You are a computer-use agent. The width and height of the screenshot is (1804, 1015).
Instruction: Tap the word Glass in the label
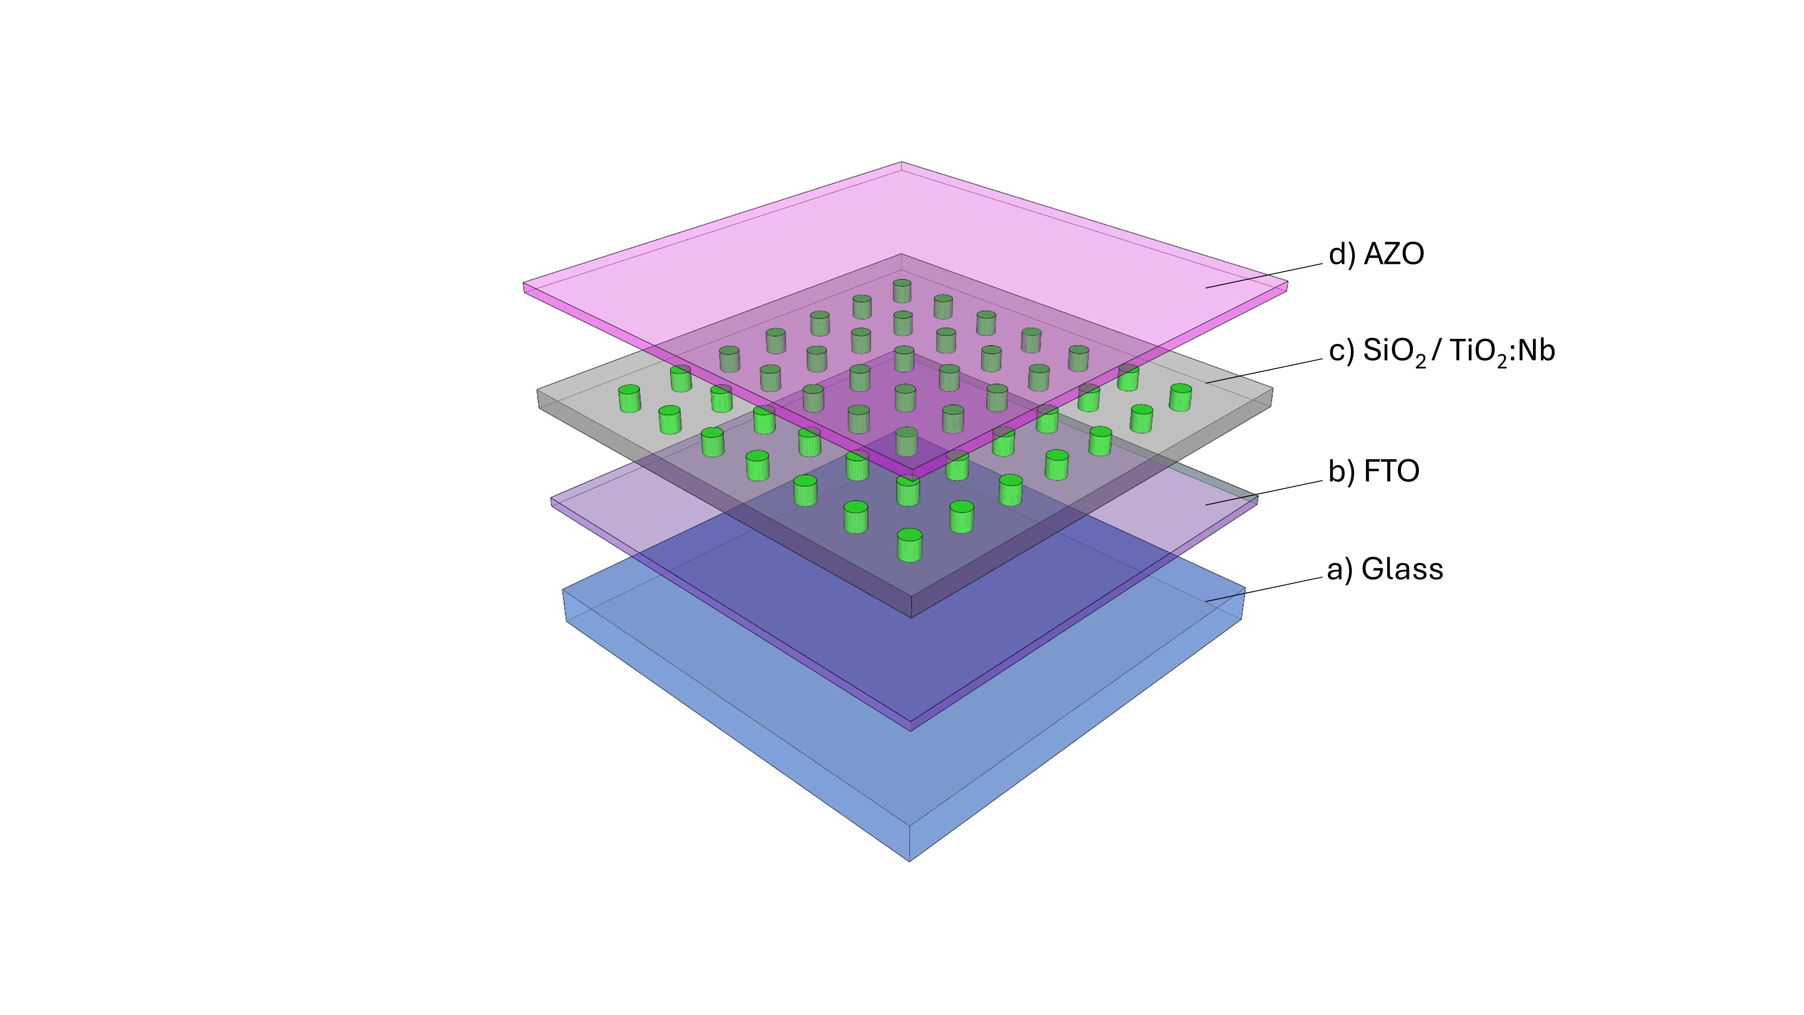pos(1402,569)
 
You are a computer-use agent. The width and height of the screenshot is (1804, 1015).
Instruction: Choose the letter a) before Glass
pos(1339,569)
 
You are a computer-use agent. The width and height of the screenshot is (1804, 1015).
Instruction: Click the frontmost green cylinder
pos(909,545)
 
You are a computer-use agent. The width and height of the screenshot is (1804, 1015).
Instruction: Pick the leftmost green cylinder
pos(629,398)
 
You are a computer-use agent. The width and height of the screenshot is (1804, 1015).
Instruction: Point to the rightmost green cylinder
pos(1180,397)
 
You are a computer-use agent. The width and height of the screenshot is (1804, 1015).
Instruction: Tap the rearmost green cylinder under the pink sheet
pos(902,291)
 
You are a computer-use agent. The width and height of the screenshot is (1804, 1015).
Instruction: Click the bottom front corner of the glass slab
pos(909,860)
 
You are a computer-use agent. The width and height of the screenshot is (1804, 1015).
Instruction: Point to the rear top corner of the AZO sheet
pos(901,163)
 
